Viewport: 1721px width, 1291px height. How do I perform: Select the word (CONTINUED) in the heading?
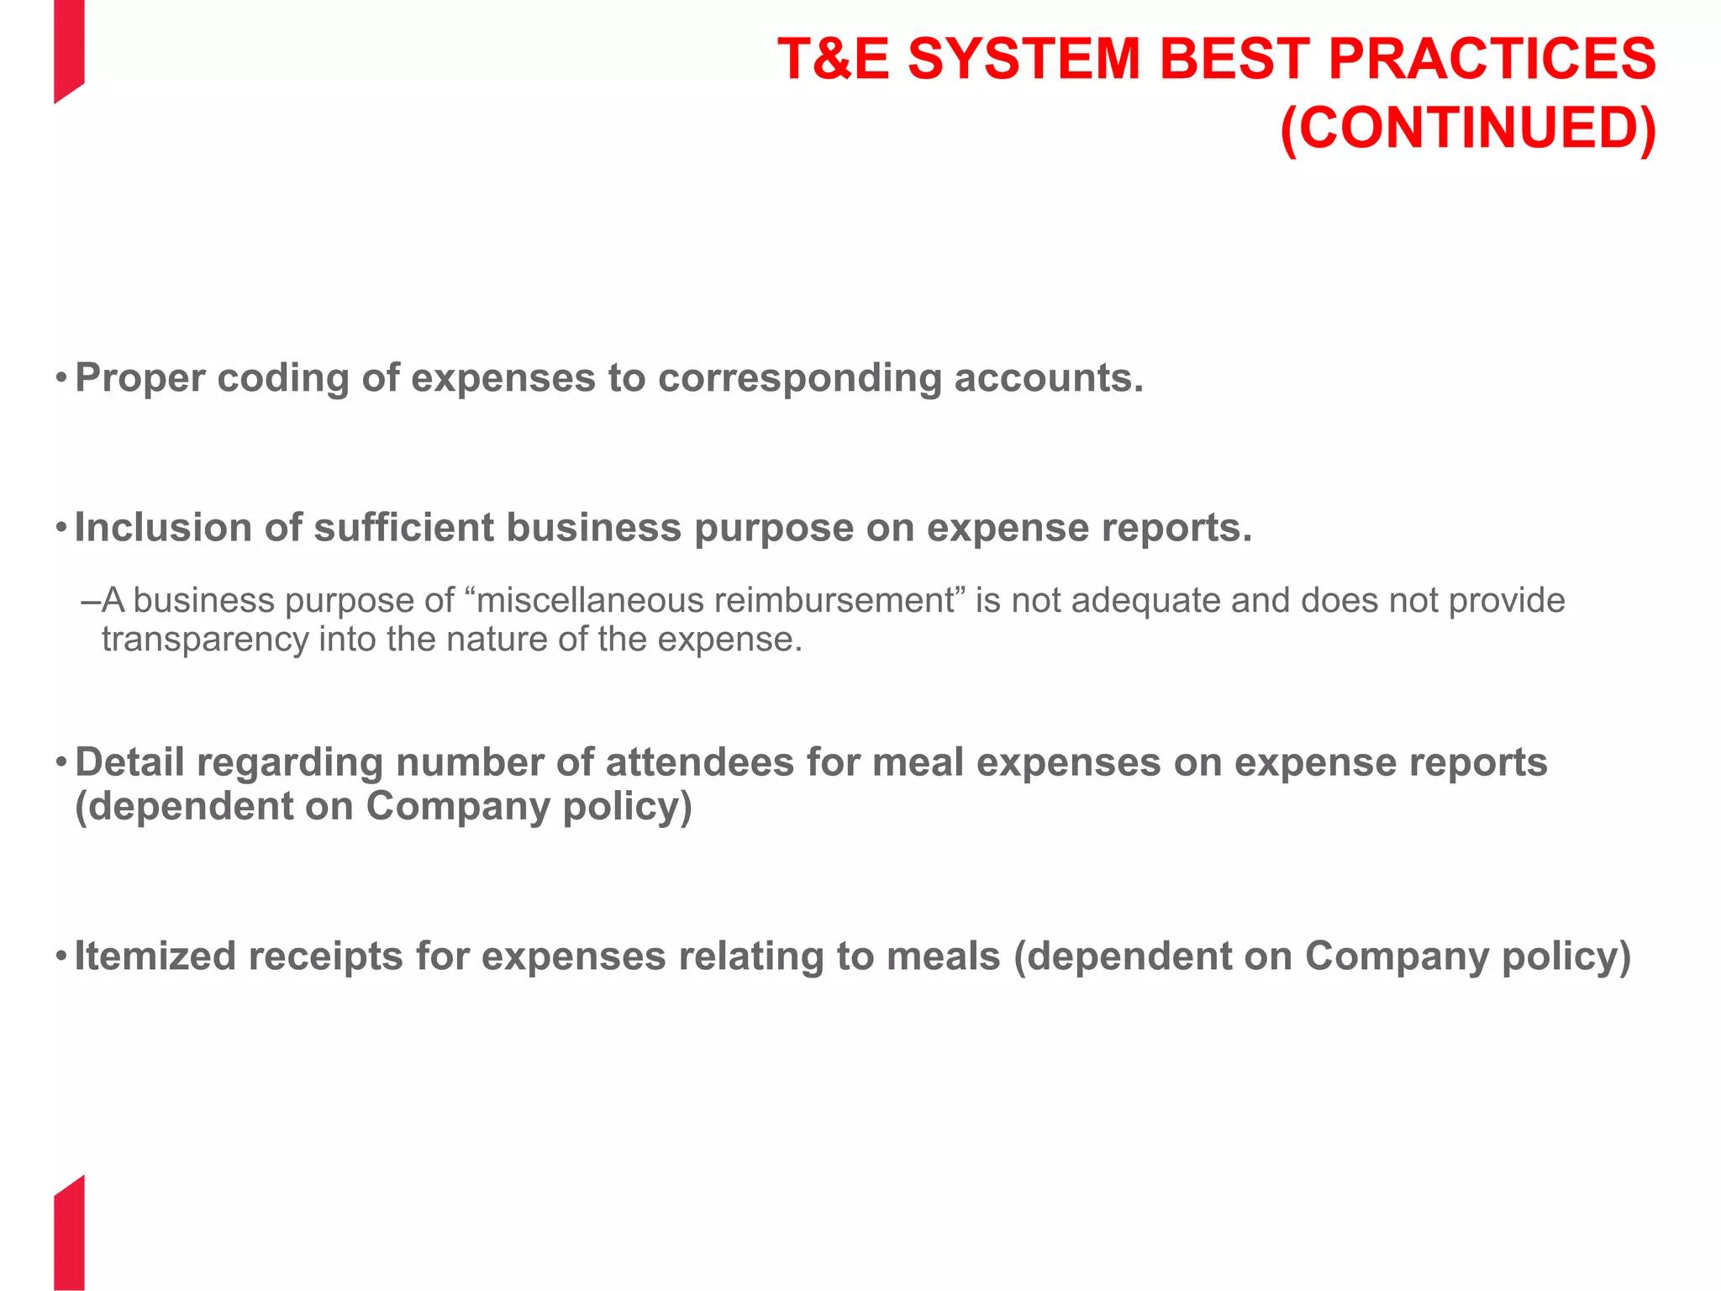[1467, 129]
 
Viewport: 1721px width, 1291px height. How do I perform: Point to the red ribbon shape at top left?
[69, 46]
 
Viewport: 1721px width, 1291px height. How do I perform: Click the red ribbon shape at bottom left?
[69, 1236]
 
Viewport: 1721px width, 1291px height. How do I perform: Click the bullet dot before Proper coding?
[61, 378]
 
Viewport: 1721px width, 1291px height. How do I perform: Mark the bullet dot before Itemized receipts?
[61, 956]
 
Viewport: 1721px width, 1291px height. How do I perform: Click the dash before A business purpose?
[91, 601]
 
